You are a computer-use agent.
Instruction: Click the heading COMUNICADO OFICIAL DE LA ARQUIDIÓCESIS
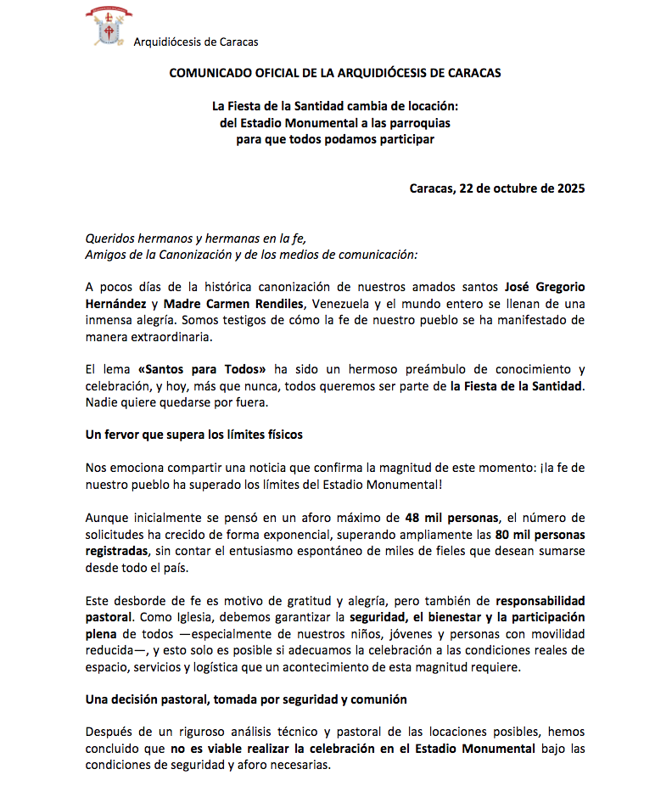coord(335,73)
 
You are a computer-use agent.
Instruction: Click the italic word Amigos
coord(105,254)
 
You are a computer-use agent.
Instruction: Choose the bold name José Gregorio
coord(544,288)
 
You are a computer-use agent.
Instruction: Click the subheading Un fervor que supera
coord(193,435)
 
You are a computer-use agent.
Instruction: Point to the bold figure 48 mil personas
coord(454,517)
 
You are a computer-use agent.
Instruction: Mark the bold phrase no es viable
coord(204,748)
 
